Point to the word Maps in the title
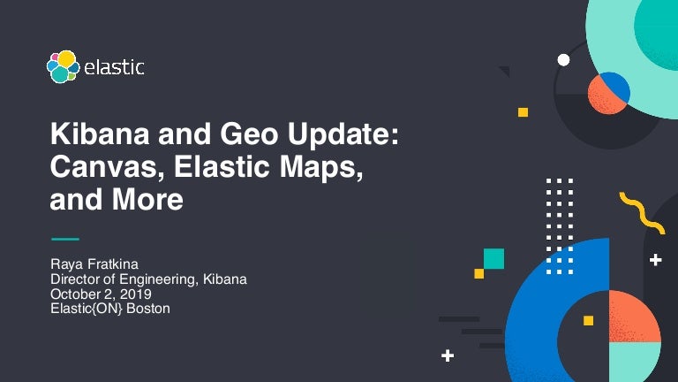[x=321, y=167]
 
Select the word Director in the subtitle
[x=75, y=279]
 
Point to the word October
[x=75, y=294]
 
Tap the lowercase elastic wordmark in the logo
[x=115, y=67]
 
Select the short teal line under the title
[x=64, y=239]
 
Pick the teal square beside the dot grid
[x=493, y=258]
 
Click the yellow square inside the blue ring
[x=588, y=320]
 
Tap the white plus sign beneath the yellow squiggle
[x=655, y=260]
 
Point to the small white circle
[x=563, y=60]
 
